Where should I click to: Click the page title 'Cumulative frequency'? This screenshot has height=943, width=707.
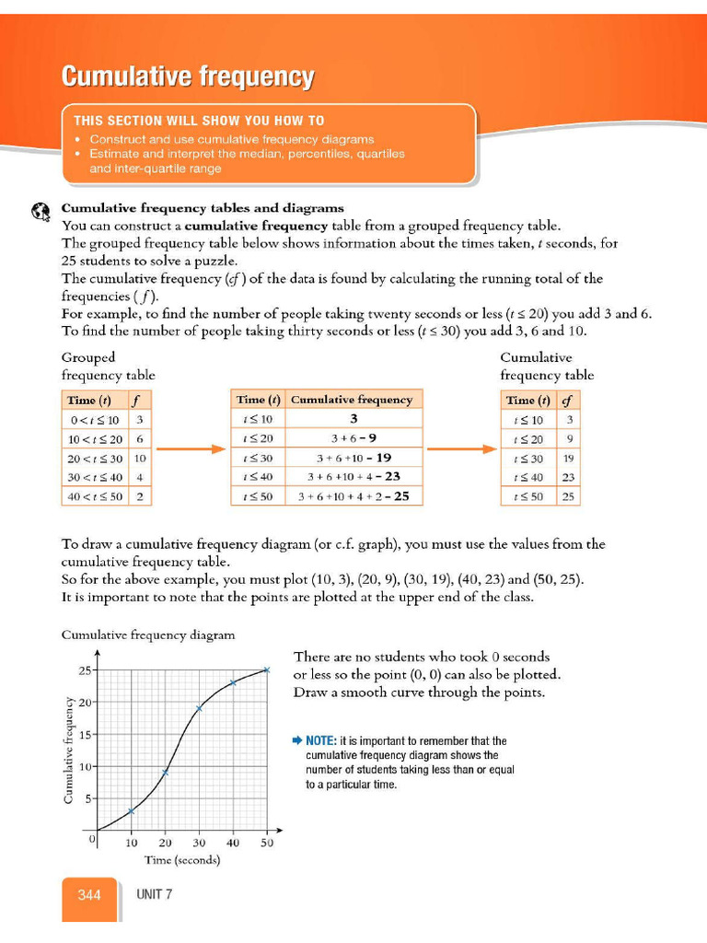[x=188, y=76]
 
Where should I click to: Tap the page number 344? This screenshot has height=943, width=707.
[x=89, y=894]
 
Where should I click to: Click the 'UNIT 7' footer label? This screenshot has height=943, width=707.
[x=154, y=894]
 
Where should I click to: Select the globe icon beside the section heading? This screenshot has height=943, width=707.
[x=40, y=211]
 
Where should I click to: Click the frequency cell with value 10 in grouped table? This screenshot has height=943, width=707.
[x=140, y=458]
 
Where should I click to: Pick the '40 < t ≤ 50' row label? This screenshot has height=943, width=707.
[x=94, y=495]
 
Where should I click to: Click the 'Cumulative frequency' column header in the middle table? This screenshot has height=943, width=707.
[x=351, y=400]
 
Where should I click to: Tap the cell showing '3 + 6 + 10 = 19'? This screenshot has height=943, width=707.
[x=354, y=458]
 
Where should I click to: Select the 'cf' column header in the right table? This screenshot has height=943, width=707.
[x=567, y=400]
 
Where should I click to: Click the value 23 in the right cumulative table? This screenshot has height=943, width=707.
[x=569, y=477]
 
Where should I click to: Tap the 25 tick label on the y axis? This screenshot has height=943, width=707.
[x=84, y=670]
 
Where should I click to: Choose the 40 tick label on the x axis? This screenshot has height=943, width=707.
[x=233, y=843]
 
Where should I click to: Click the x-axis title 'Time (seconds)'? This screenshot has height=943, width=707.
[x=182, y=860]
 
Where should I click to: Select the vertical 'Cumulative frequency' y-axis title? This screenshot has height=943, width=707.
[x=68, y=749]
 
